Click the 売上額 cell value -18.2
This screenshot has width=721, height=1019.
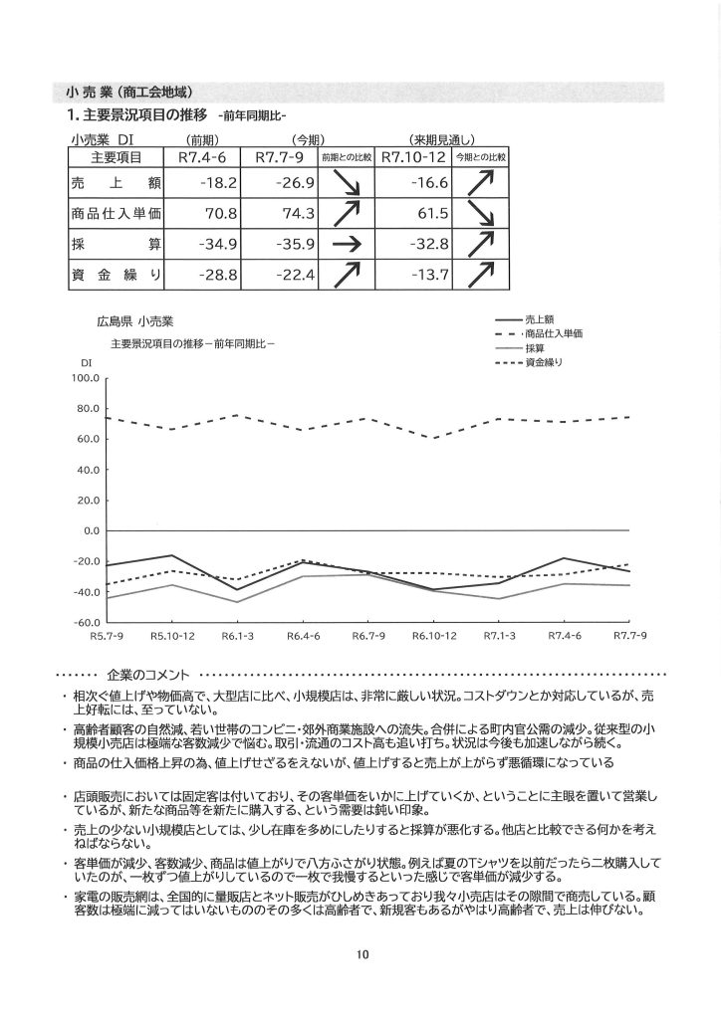pos(215,185)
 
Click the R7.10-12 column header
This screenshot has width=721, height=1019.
pos(412,157)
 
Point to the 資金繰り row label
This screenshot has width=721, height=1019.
pos(117,275)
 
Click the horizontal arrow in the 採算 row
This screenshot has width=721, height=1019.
pos(346,245)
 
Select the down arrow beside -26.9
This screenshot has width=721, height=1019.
pos(346,185)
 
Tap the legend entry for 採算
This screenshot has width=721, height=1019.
pos(534,348)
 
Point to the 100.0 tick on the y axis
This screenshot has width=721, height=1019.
pos(86,378)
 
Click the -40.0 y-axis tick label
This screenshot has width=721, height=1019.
pos(86,592)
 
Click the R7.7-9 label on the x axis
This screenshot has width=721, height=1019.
pos(630,635)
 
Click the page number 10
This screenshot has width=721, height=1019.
pos(361,954)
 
